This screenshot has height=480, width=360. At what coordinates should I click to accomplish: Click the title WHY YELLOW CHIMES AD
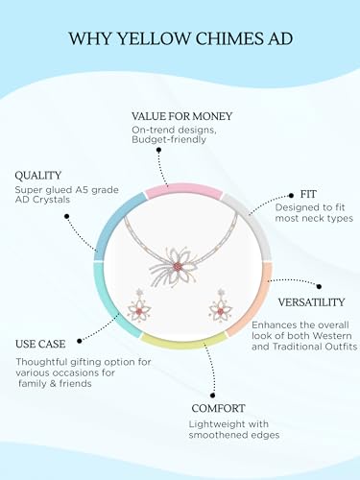180,38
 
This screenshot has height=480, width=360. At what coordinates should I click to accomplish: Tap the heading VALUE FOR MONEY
181,116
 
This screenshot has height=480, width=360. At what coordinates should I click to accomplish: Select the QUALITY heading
37,176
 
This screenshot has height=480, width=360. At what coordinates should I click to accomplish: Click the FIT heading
308,194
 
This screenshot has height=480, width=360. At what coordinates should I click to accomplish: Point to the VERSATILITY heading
311,302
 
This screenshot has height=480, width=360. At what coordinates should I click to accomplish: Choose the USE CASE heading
40,344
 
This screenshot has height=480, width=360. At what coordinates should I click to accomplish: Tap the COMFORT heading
218,408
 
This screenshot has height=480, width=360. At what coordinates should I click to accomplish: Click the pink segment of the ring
183,189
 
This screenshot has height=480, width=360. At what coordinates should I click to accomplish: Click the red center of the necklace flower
177,266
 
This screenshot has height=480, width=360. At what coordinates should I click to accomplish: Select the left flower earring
139,308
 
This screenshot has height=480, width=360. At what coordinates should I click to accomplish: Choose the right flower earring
221,308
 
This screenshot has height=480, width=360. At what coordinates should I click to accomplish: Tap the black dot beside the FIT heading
291,195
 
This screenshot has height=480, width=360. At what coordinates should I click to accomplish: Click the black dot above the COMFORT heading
212,396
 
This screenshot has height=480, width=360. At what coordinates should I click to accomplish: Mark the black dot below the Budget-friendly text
159,150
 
